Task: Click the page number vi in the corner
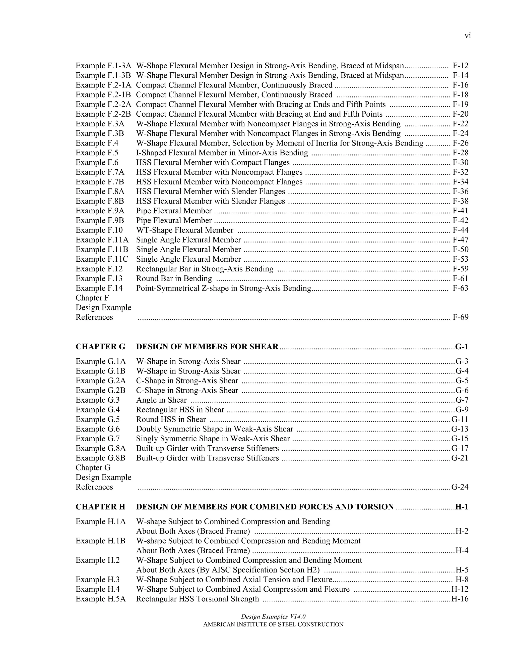468,36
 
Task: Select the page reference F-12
460,66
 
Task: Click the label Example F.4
97,143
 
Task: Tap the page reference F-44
460,230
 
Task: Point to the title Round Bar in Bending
174,278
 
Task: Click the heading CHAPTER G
100,347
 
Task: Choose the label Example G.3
97,400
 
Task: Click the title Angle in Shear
161,400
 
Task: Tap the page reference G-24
460,487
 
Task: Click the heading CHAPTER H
100,507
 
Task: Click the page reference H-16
460,599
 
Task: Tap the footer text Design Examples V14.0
273,616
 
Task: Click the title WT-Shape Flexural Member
184,230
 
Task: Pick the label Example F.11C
102,259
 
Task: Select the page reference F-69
460,317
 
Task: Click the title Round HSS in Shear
171,419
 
